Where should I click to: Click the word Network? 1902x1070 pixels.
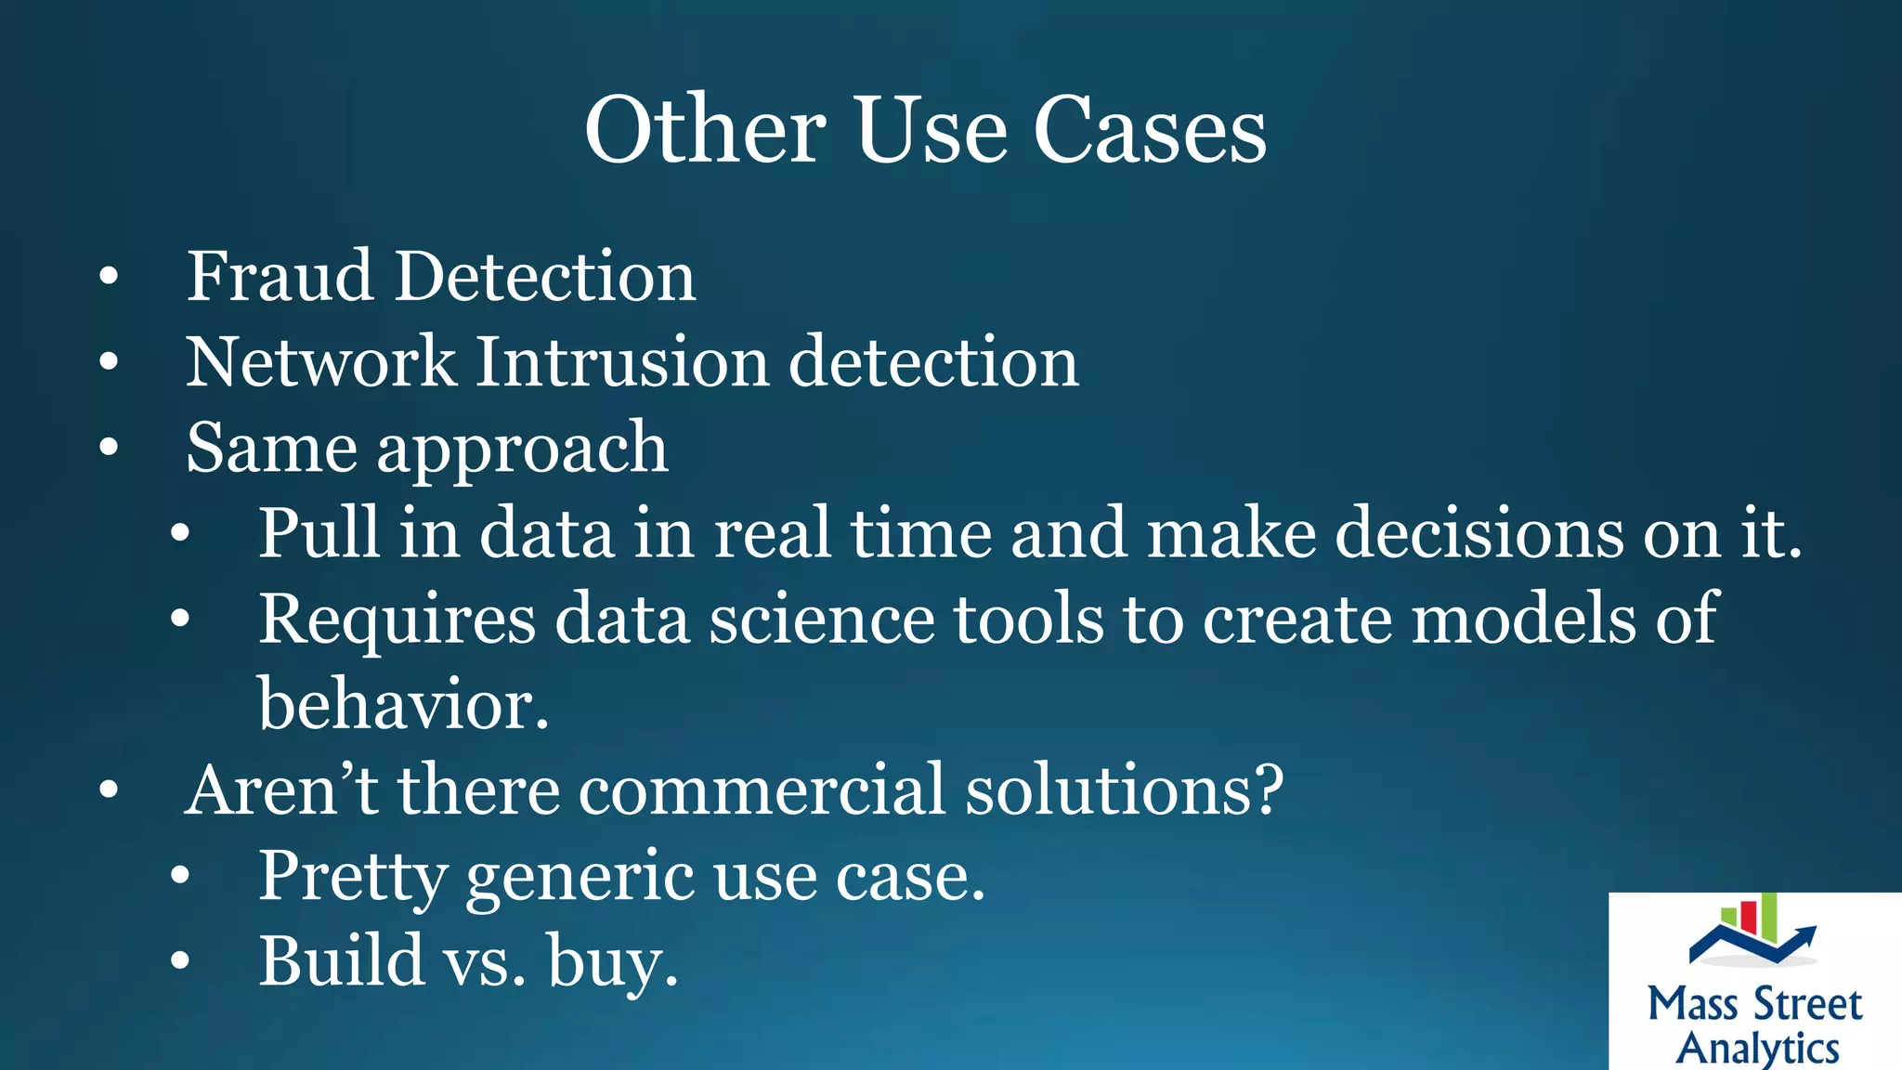coord(320,362)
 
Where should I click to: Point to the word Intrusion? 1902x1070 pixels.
coord(621,362)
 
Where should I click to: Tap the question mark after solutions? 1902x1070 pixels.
coord(1267,789)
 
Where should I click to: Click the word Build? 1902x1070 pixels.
coord(340,961)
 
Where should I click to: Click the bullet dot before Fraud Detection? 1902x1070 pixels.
coord(110,277)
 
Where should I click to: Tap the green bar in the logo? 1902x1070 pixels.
coord(1768,917)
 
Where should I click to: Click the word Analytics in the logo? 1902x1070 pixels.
coord(1757,1048)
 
